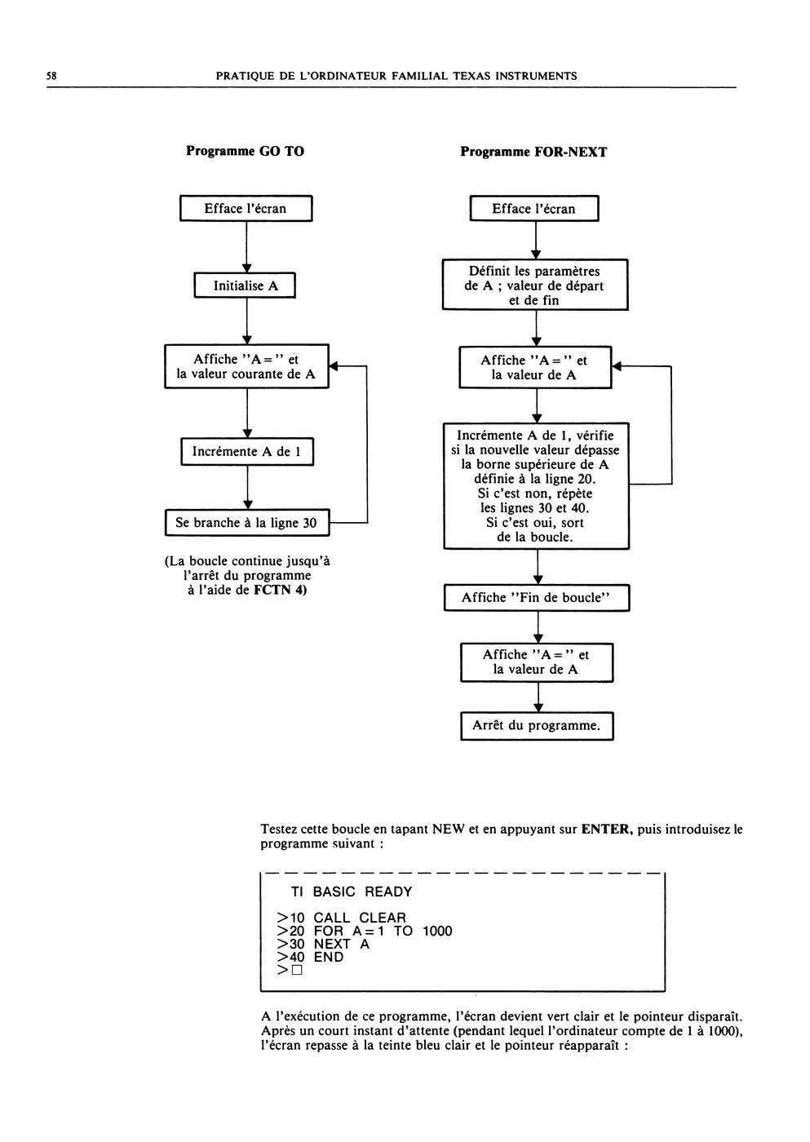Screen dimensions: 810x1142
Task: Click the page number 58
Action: coord(51,76)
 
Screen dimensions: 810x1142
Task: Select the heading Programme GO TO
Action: coord(245,151)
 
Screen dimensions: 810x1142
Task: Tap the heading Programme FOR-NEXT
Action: coord(533,152)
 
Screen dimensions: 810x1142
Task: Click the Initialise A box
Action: coord(245,285)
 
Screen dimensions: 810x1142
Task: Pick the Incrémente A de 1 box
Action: coord(247,451)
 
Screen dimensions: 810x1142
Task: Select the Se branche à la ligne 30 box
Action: coord(247,523)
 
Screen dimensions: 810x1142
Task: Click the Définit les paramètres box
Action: coord(535,285)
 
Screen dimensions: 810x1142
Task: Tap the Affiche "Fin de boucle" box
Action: coord(537,597)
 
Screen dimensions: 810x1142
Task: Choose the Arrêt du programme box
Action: coord(538,726)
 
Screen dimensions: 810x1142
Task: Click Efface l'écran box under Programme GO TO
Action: coord(246,208)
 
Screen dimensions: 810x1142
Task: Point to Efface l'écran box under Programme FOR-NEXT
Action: coord(534,209)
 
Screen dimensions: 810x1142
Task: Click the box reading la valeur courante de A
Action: coord(246,366)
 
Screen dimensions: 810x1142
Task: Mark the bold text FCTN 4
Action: coord(280,591)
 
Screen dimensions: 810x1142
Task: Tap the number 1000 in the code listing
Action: coord(437,932)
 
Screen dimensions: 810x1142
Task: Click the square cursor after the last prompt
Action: coord(297,970)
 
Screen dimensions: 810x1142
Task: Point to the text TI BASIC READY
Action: coord(352,892)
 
